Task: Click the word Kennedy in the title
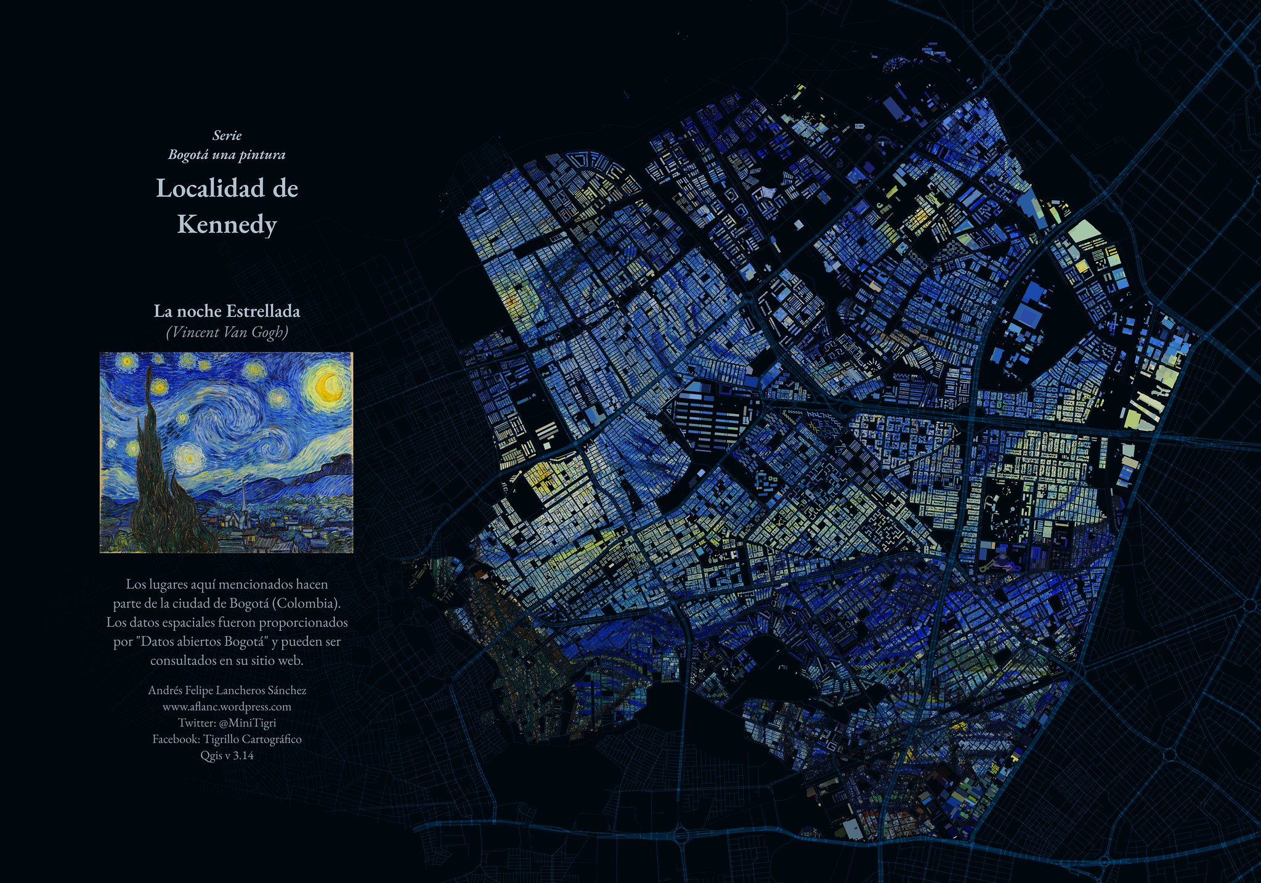point(227,224)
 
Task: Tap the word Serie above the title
point(227,135)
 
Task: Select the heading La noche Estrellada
point(227,311)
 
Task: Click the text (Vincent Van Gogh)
point(227,332)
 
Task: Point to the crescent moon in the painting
point(330,386)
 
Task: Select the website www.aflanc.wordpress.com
point(227,707)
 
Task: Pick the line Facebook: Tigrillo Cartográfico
point(227,739)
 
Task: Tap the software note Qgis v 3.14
point(227,755)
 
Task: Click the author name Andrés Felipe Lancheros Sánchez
point(227,690)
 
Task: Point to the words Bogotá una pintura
point(227,154)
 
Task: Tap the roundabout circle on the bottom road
point(681,836)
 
